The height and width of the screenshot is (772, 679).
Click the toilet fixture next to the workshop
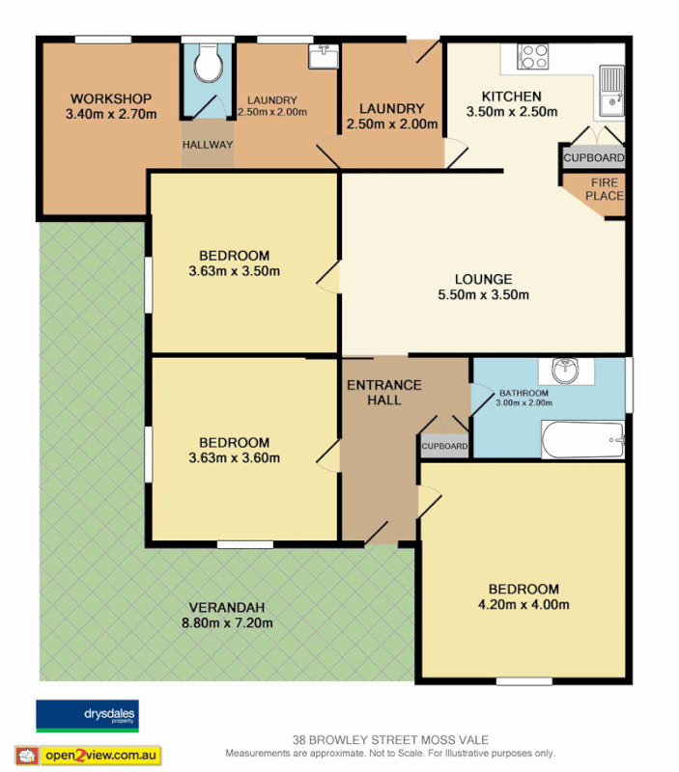208,66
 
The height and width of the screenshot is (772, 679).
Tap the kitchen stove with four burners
532,57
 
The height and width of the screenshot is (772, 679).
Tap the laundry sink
323,58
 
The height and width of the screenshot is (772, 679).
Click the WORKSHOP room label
111,98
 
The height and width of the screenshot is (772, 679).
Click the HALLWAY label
208,145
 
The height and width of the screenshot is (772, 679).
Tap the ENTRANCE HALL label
384,392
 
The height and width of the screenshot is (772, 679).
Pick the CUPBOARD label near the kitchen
593,157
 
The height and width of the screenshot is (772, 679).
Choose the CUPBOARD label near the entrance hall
444,446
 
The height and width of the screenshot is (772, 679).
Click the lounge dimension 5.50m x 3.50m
483,295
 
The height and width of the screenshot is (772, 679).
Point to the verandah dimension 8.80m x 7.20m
227,622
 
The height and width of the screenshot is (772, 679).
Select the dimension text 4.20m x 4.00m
523,605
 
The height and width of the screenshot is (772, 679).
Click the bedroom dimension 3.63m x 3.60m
235,457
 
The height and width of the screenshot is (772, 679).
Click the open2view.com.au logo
88,755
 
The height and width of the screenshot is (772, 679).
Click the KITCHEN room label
512,96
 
